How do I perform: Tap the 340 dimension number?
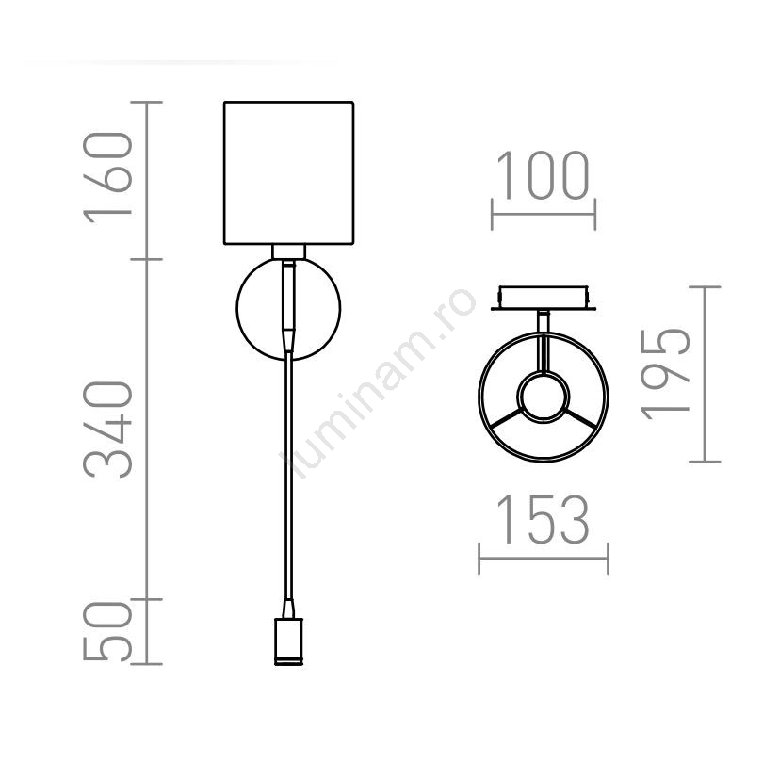pyautogui.click(x=108, y=430)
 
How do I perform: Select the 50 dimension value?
pyautogui.click(x=108, y=631)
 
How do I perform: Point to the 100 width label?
pyautogui.click(x=543, y=175)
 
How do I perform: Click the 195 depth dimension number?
pyautogui.click(x=665, y=374)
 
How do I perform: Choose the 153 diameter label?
pyautogui.click(x=543, y=519)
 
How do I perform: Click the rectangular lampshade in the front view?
pyautogui.click(x=288, y=172)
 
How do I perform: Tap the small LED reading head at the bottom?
pyautogui.click(x=288, y=641)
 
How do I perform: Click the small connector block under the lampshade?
pyautogui.click(x=288, y=252)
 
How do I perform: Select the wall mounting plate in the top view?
pyautogui.click(x=544, y=298)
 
